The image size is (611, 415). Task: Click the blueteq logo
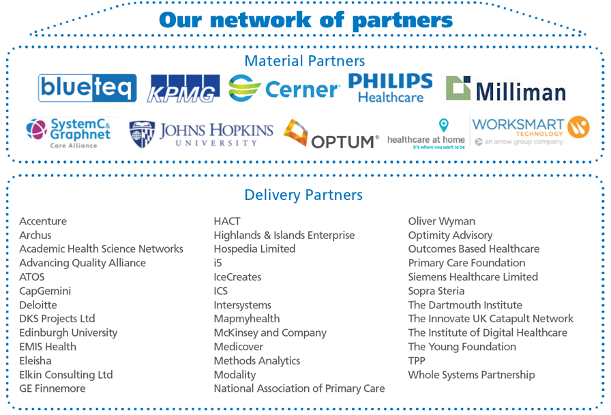click(87, 88)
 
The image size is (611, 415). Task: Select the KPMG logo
click(184, 89)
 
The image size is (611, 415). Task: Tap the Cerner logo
click(284, 89)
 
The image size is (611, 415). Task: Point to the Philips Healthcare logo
click(390, 88)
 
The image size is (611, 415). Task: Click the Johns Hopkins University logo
click(201, 134)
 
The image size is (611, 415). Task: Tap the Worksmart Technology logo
click(530, 130)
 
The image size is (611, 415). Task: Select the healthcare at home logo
click(426, 134)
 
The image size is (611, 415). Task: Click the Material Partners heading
click(305, 61)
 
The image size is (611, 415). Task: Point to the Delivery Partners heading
click(303, 195)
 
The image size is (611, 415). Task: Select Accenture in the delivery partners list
click(43, 221)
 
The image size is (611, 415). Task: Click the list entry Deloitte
click(38, 305)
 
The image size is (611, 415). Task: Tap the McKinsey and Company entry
click(270, 333)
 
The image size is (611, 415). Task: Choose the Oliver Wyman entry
click(442, 221)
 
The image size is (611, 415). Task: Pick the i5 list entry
click(218, 263)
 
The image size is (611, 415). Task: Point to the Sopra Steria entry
click(436, 291)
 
